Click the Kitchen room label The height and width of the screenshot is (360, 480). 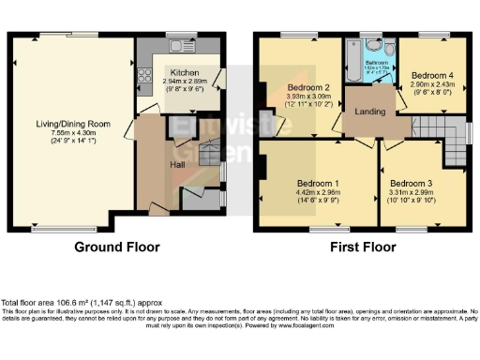pyautogui.click(x=183, y=71)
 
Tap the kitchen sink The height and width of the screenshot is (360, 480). pyautogui.click(x=176, y=45)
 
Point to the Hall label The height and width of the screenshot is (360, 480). pyautogui.click(x=176, y=164)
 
